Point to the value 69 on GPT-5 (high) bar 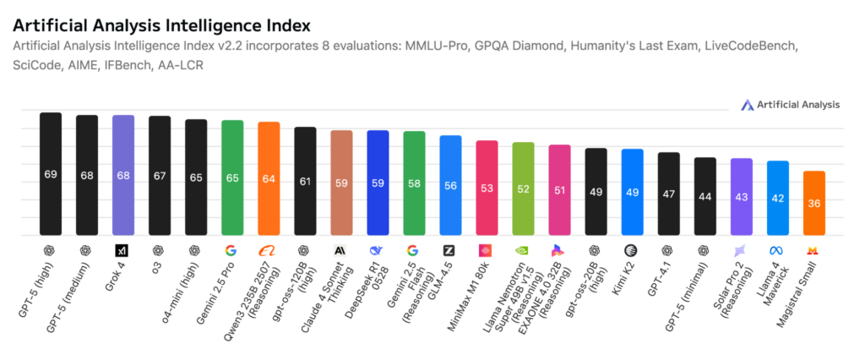51,174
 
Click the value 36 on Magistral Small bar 814,204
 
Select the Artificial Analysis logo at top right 790,105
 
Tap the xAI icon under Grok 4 123,251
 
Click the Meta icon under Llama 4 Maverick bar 777,251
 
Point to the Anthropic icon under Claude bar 341,251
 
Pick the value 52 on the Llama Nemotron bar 523,188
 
